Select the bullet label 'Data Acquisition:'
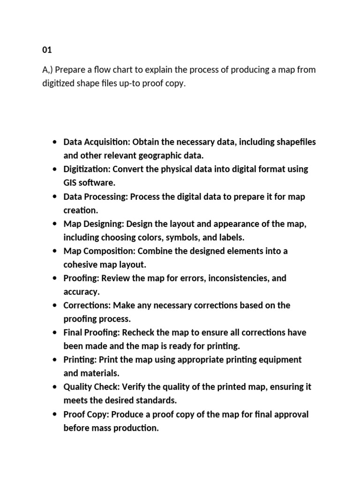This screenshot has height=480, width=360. [97, 142]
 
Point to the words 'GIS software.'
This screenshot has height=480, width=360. [89, 183]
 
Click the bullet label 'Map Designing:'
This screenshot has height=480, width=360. [94, 224]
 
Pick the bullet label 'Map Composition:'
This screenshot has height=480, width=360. [99, 251]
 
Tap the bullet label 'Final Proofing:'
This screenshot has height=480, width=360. [92, 332]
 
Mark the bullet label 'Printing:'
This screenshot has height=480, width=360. [80, 360]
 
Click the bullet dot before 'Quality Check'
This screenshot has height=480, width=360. [55, 387]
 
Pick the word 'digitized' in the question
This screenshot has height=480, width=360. [58, 84]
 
